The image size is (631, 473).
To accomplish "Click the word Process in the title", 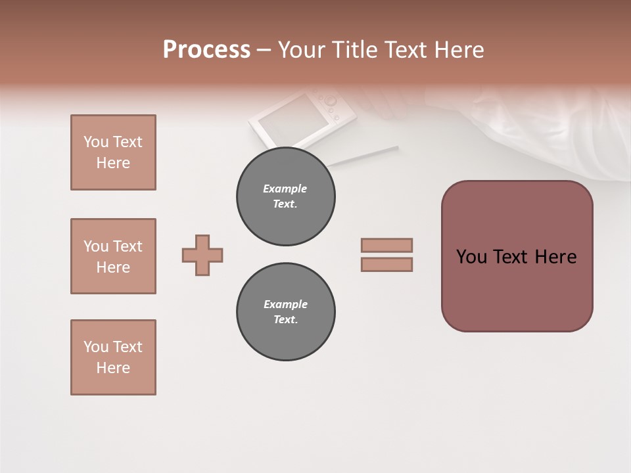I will pos(206,50).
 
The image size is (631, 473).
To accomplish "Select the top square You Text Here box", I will pos(113,152).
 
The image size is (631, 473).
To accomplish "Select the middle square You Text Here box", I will pos(113,256).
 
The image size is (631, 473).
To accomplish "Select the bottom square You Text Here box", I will pos(113,357).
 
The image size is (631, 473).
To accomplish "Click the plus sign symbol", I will pos(202,255).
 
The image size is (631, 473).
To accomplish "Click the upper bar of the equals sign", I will pos(386,245).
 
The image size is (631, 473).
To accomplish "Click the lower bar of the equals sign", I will pos(386,264).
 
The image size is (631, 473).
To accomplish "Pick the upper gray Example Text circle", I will pos(285,196).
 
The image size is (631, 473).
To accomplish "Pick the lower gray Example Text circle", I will pos(285,312).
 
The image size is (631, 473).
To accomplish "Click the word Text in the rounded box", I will pos(511,257).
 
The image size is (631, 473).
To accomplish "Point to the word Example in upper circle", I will pos(285,189).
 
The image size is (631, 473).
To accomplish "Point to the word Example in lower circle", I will pos(285,304).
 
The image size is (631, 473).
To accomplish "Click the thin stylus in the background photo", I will pos(365,155).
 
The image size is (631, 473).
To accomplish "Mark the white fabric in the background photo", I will pos(552,131).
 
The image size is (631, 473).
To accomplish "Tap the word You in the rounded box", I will pos(472,257).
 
